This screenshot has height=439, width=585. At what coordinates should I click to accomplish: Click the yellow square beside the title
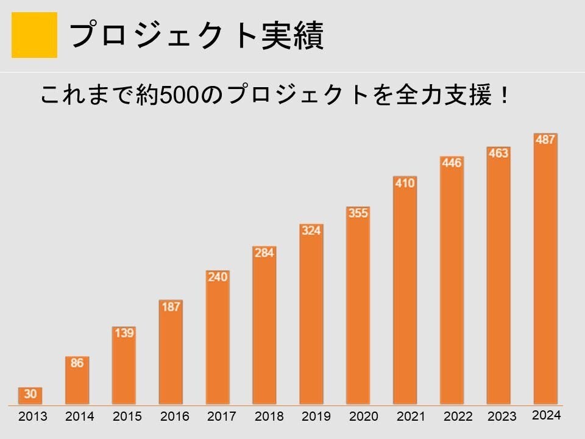34,35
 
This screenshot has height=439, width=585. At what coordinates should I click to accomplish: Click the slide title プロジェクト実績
196,35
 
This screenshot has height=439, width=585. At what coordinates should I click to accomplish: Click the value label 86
77,363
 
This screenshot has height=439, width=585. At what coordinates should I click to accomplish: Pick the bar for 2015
124,366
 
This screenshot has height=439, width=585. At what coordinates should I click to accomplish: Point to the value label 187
171,307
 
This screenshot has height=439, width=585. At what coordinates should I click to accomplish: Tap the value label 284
264,252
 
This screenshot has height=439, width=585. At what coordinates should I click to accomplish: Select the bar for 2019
311,314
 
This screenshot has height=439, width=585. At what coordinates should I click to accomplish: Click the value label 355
358,213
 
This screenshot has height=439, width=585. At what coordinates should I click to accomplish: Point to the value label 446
452,163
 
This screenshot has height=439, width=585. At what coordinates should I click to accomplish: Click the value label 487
545,140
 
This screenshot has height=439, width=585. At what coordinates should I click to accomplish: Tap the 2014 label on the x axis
80,417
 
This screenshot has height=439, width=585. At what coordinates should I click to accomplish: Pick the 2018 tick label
269,417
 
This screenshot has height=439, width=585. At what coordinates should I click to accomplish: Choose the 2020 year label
364,417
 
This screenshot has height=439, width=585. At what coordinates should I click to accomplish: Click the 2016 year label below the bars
175,417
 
